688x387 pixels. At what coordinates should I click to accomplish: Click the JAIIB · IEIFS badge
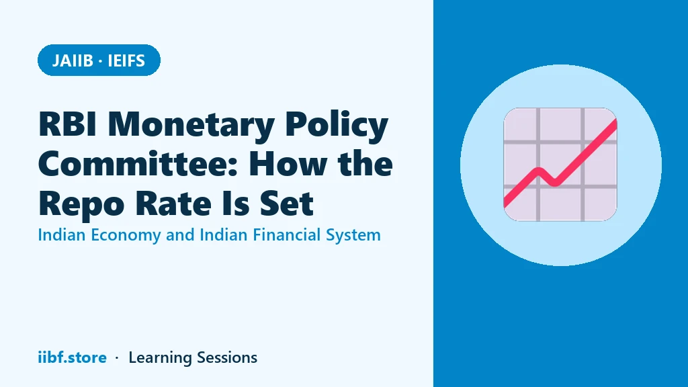click(x=99, y=60)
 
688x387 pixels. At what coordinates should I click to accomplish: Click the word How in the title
click(x=289, y=164)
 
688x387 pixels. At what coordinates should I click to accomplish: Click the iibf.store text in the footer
click(x=72, y=357)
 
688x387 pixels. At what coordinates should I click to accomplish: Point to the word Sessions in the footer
click(x=227, y=357)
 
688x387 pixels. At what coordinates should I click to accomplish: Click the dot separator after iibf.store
click(x=117, y=358)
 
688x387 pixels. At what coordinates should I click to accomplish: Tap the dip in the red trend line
click(x=555, y=182)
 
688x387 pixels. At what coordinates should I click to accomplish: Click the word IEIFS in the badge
click(x=126, y=60)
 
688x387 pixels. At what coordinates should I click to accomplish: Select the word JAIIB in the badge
click(x=73, y=60)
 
